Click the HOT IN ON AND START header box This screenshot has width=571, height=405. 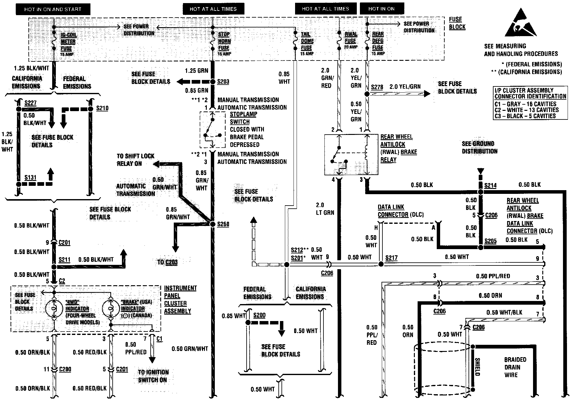(53, 9)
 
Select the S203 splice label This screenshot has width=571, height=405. (223, 81)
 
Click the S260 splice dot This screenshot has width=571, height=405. (212, 224)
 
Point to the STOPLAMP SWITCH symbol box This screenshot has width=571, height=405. (212, 130)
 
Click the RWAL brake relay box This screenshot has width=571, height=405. (351, 154)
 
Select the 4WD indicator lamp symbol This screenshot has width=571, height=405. (54, 308)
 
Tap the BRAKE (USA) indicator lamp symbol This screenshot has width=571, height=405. (111, 308)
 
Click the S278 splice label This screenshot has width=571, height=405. (377, 87)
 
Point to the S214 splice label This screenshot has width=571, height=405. (490, 185)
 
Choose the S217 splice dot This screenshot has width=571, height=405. (381, 264)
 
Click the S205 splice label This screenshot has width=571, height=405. (490, 241)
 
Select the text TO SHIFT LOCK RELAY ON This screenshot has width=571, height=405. (135, 160)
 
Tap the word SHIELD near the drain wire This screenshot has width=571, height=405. (477, 366)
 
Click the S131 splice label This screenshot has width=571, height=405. (31, 177)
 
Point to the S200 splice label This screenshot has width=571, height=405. (259, 315)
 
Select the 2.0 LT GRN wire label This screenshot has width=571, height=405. (325, 209)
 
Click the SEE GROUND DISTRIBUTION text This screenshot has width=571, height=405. (479, 148)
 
